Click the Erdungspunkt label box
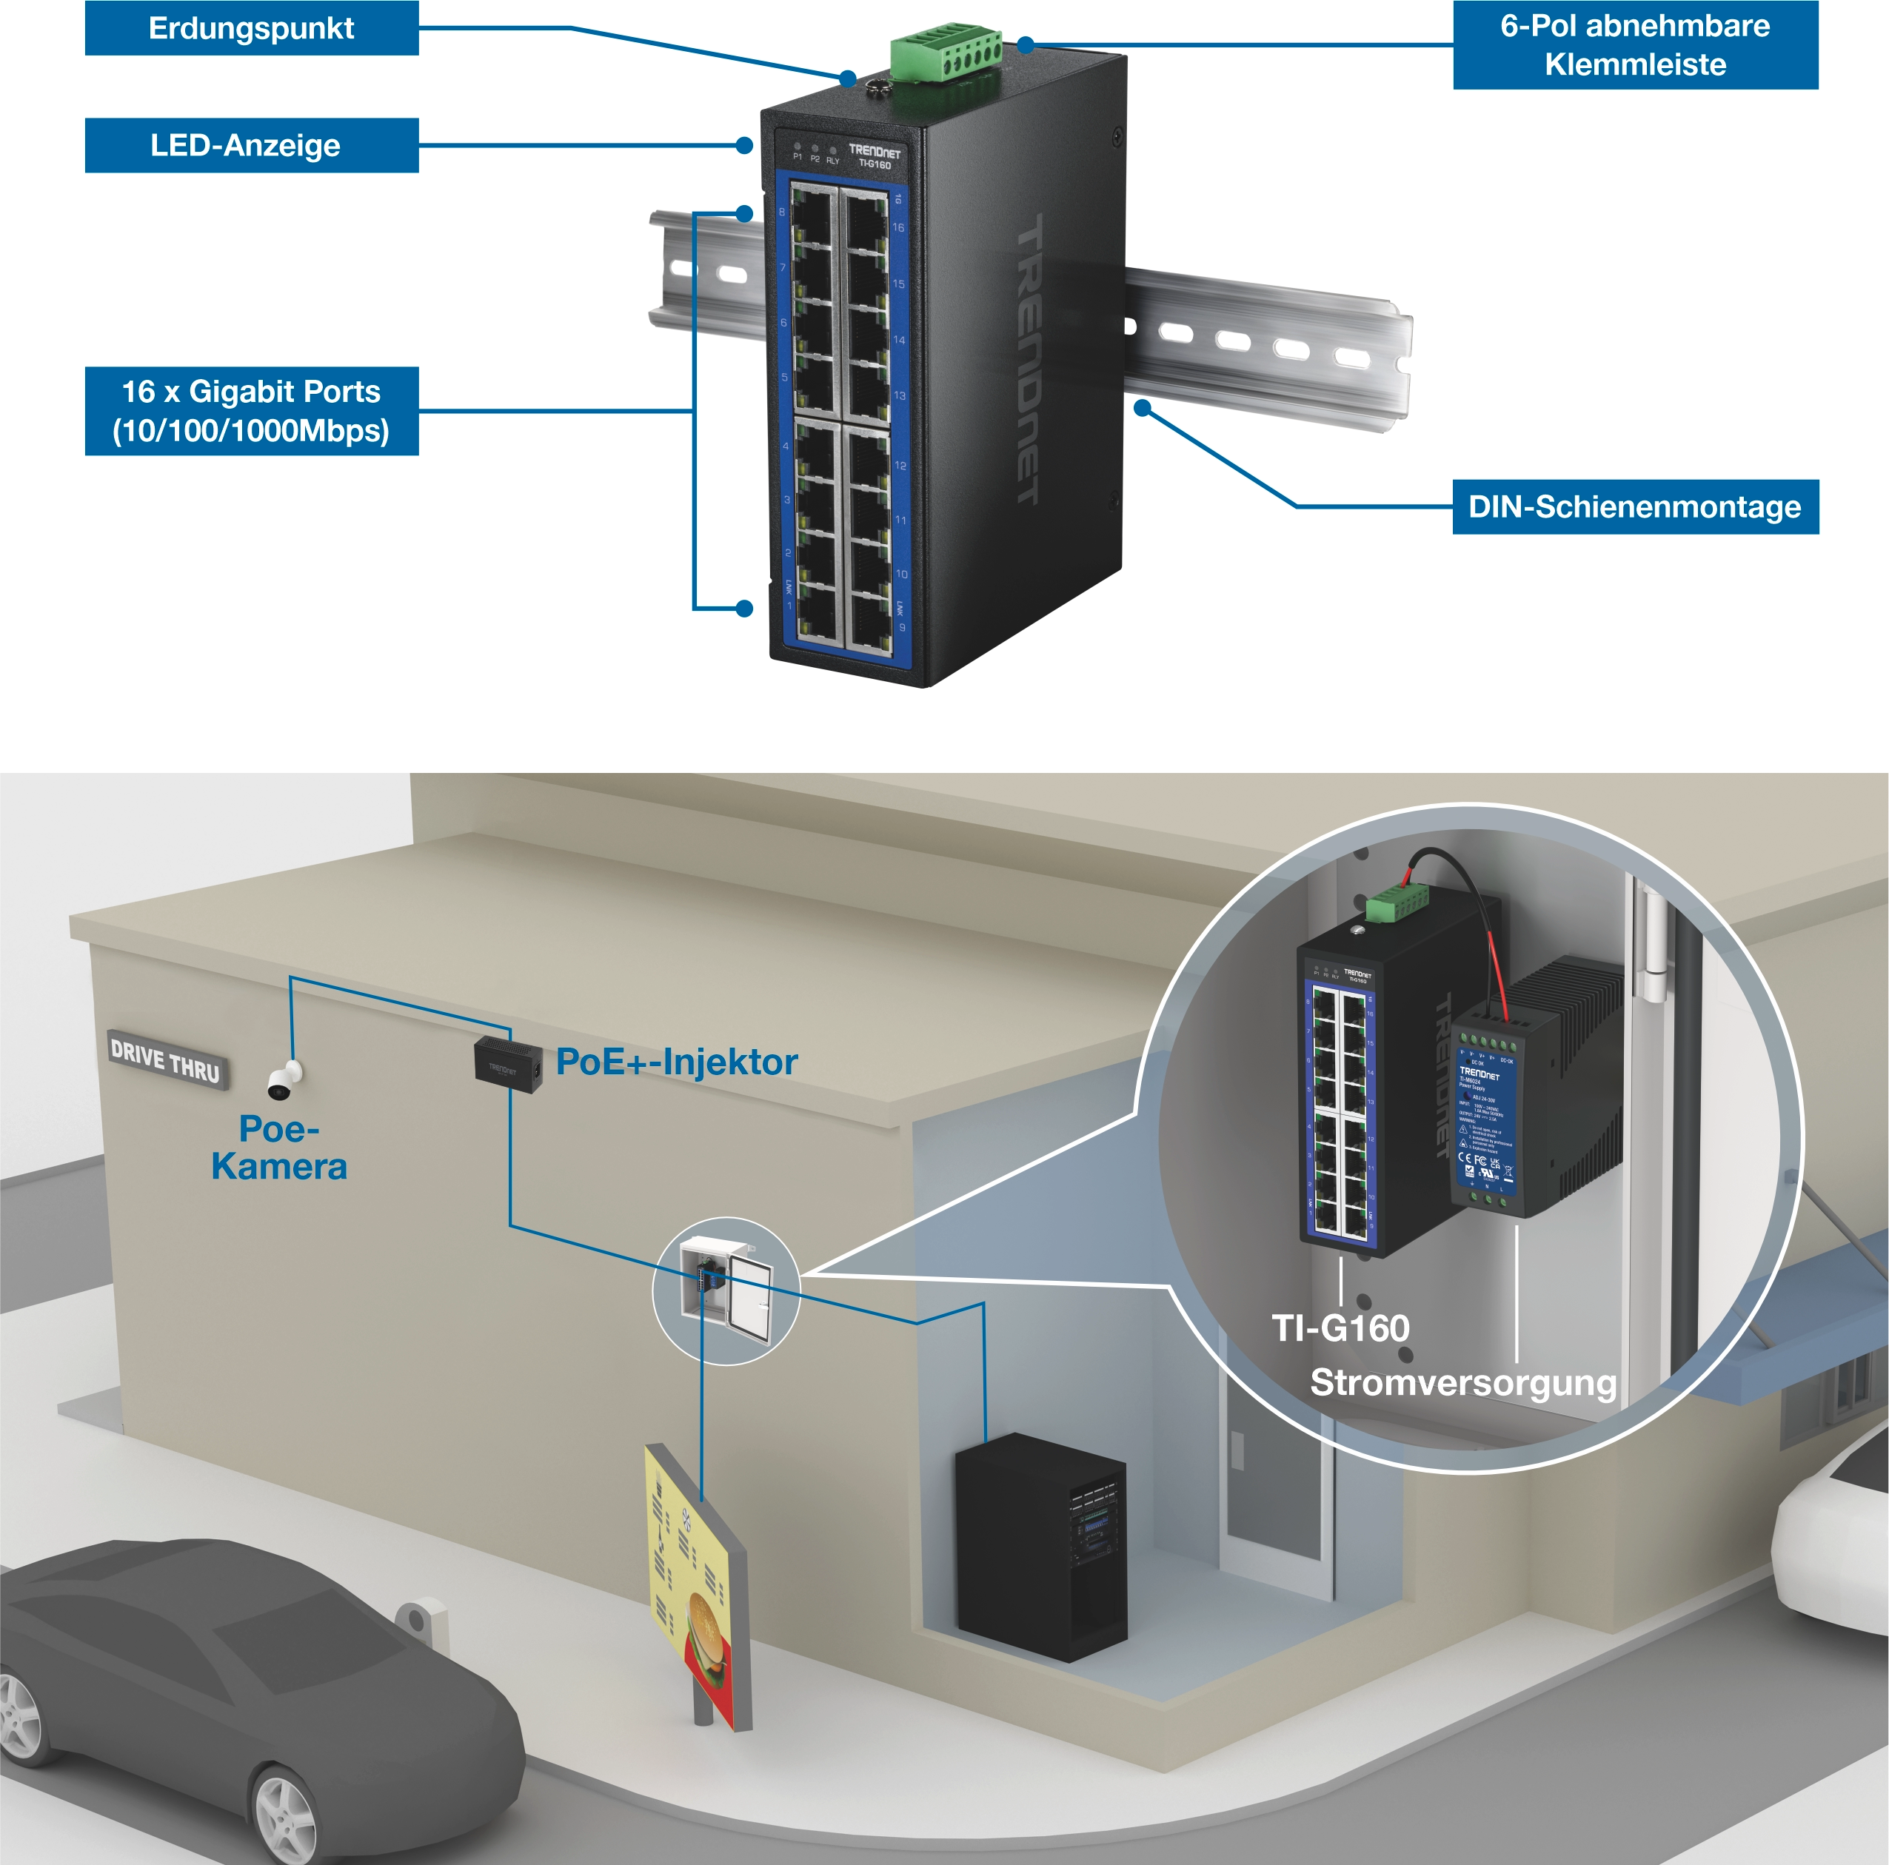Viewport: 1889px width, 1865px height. tap(251, 28)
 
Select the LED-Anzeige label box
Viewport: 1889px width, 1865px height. tap(251, 146)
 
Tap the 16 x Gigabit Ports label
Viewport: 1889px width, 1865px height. tap(251, 410)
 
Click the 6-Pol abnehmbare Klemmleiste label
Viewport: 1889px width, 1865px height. tap(1635, 45)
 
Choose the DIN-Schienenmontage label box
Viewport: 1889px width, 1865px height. tap(1635, 506)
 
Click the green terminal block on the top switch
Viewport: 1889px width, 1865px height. tap(945, 58)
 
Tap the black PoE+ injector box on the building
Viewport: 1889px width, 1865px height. tap(507, 1065)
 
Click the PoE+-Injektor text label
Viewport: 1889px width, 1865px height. tap(677, 1062)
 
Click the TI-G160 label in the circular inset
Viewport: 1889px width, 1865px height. tap(1340, 1328)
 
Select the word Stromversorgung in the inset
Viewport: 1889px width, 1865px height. tap(1462, 1383)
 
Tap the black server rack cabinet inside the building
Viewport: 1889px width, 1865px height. tap(1040, 1547)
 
